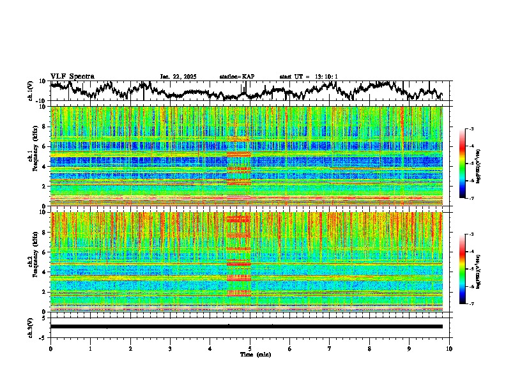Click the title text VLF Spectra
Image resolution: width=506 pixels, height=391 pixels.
tap(72, 76)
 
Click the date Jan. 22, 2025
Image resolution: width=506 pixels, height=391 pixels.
tap(178, 77)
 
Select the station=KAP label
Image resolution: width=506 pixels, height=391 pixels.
tap(236, 77)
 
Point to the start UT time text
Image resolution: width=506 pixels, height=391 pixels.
tap(309, 77)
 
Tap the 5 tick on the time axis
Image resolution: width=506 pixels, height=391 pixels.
tap(250, 348)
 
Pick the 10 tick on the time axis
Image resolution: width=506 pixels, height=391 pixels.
tap(449, 348)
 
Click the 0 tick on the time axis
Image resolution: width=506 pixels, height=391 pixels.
tap(50, 348)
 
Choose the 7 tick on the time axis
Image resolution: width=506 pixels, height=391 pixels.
tap(330, 348)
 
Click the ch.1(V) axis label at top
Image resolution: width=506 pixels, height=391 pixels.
tap(30, 91)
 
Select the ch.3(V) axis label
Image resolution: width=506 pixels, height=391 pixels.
tap(30, 326)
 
